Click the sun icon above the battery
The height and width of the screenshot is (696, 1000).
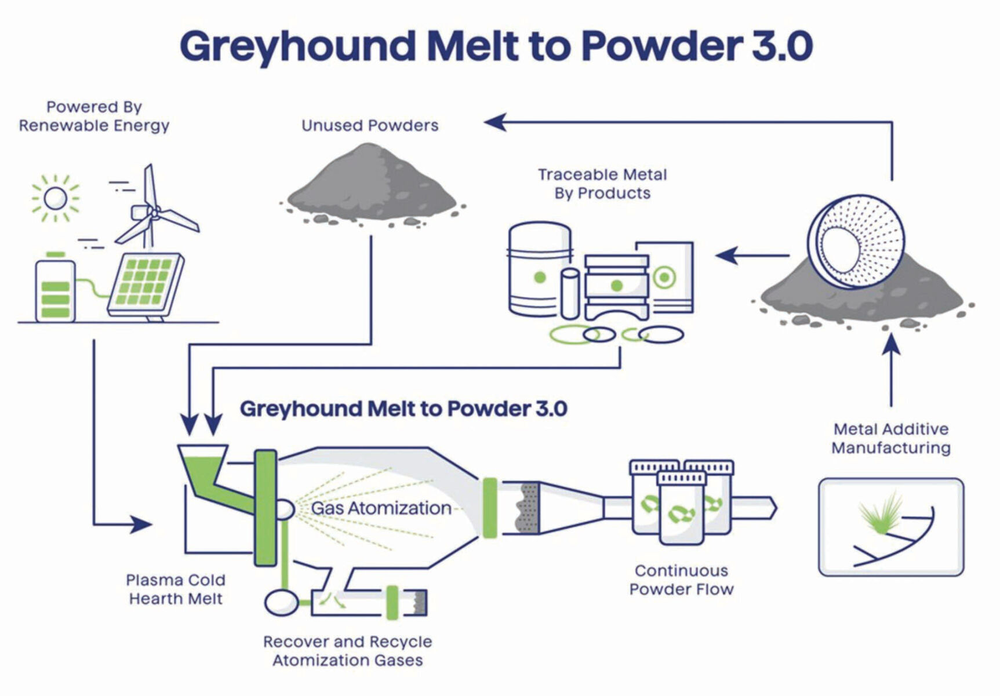[x=56, y=199]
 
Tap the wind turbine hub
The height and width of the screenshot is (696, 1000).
[x=154, y=213]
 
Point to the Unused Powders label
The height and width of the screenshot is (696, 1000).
[x=370, y=126]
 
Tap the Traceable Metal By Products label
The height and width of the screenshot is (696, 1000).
[x=602, y=184]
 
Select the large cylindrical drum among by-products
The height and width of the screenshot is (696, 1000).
[x=539, y=269]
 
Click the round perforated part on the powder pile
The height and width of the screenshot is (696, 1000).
[x=855, y=240]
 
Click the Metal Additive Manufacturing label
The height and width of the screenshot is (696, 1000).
[x=891, y=439]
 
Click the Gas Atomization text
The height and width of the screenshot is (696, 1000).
[x=381, y=508]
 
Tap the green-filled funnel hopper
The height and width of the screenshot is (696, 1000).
[x=203, y=464]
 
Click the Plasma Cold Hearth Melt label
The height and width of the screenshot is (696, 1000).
[x=176, y=589]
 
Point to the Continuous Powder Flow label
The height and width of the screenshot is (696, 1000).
[x=681, y=580]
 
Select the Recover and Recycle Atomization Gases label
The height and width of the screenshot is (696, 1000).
[x=347, y=651]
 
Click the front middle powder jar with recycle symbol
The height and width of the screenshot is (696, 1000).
[x=681, y=510]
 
